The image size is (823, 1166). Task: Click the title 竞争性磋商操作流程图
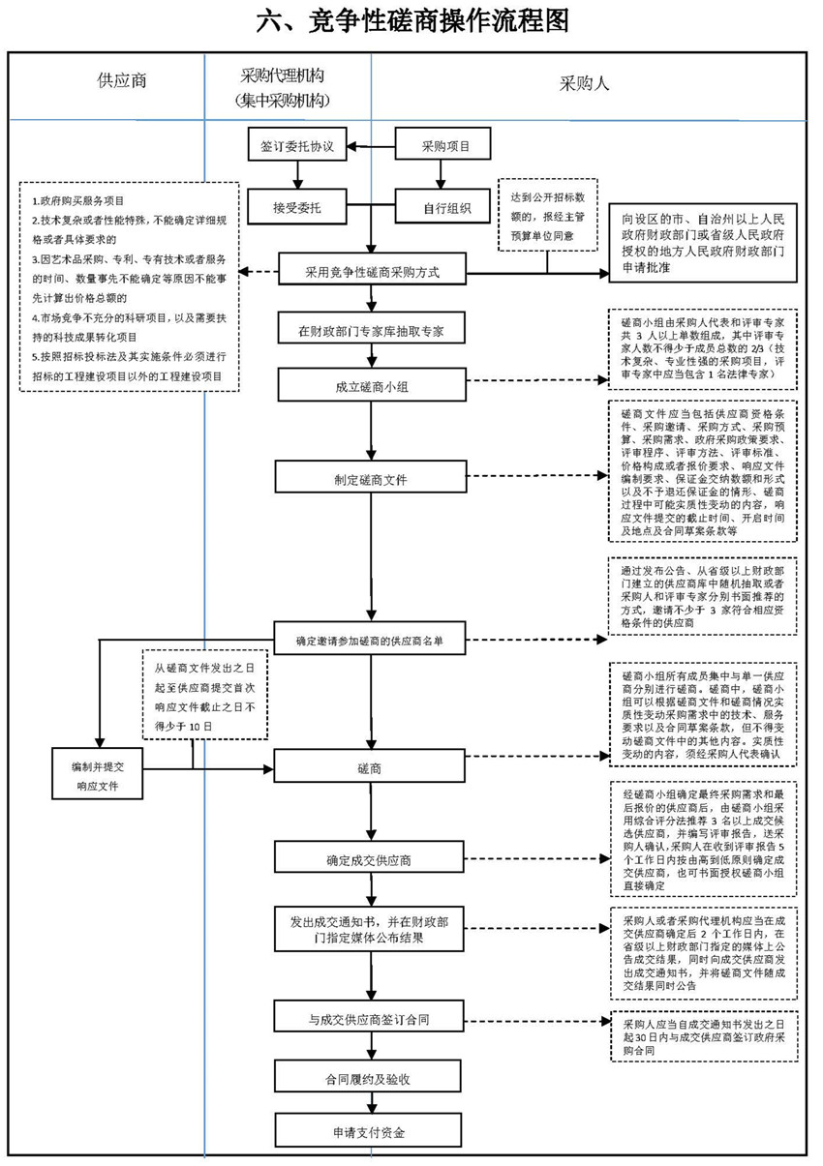[411, 20]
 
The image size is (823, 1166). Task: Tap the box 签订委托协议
[297, 147]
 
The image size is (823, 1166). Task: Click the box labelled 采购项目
[444, 147]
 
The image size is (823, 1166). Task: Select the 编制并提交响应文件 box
[98, 773]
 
